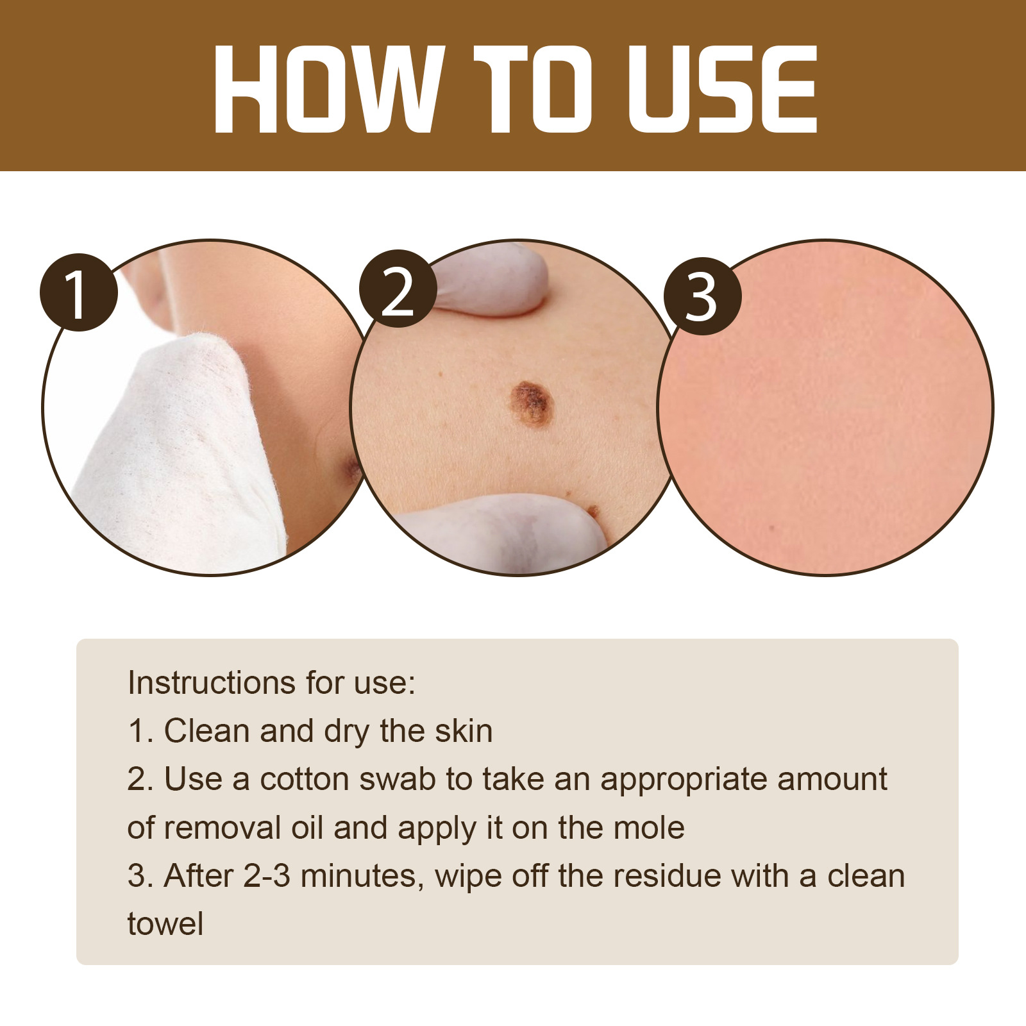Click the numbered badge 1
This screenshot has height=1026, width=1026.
[79, 292]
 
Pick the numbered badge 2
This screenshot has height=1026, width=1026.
[398, 289]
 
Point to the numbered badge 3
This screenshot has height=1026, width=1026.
[702, 296]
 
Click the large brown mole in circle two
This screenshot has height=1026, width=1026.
[532, 403]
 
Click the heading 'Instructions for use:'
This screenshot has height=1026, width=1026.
[271, 682]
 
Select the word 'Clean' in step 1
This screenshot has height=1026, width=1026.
[206, 731]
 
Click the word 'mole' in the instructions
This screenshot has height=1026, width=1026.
[648, 828]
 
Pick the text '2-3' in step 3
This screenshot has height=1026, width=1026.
[267, 876]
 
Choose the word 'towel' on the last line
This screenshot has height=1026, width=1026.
[165, 924]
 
